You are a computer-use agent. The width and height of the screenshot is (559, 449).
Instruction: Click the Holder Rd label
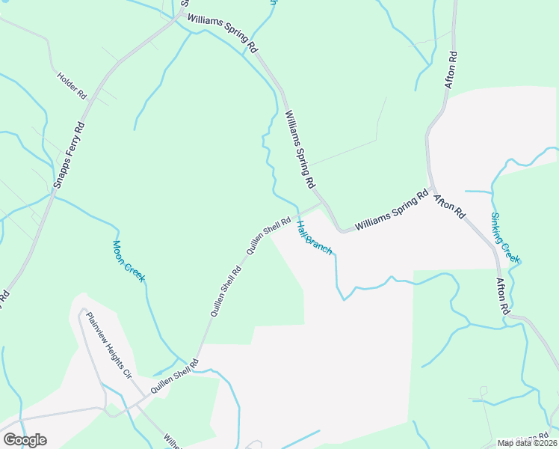pyautogui.click(x=72, y=86)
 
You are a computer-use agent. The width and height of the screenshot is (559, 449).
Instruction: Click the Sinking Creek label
pyautogui.click(x=505, y=238)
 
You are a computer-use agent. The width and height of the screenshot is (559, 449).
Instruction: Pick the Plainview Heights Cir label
pyautogui.click(x=108, y=346)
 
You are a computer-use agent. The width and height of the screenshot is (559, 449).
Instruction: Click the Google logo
pyautogui.click(x=25, y=439)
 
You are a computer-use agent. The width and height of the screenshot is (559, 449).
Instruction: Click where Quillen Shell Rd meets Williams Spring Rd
pyautogui.click(x=324, y=202)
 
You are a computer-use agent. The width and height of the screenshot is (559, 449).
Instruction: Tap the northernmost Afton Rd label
pyautogui.click(x=451, y=70)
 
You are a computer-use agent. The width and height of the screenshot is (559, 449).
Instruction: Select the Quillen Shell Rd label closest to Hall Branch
pyautogui.click(x=268, y=235)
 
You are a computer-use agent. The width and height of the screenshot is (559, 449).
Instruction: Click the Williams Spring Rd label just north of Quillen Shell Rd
pyautogui.click(x=299, y=149)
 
